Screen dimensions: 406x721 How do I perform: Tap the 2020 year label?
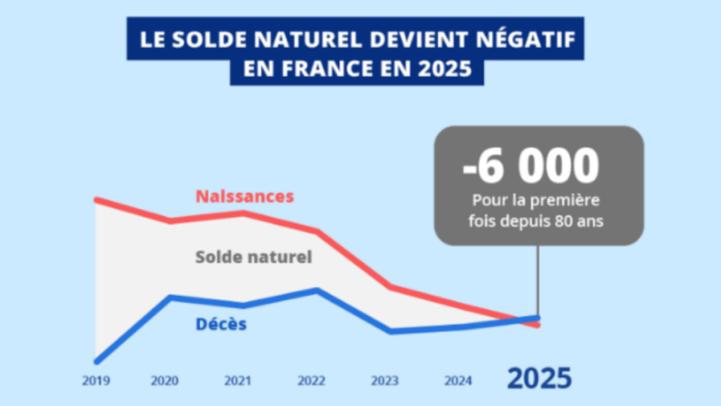click(164, 381)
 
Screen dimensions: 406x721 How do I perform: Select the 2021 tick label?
click(237, 381)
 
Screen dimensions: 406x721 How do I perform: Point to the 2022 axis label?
click(311, 381)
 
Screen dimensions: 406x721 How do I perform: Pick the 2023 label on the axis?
click(384, 381)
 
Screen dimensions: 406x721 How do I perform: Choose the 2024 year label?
click(458, 381)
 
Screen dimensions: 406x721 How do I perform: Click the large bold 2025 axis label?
click(539, 379)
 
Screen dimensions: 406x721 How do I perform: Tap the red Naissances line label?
click(244, 196)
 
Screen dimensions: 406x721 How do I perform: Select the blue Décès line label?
click(220, 325)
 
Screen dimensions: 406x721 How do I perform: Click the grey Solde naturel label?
click(253, 257)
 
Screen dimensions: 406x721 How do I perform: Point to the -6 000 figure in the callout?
click(531, 166)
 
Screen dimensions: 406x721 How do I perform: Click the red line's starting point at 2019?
click(96, 201)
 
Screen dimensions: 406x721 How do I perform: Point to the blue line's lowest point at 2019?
click(96, 361)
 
